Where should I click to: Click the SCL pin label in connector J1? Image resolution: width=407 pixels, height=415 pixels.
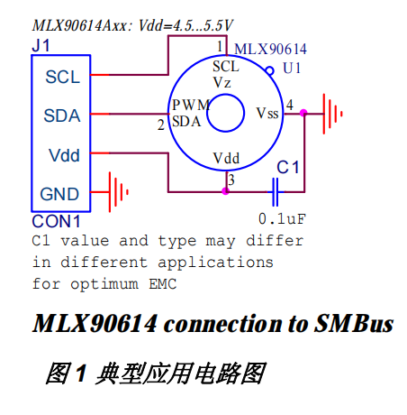(62, 78)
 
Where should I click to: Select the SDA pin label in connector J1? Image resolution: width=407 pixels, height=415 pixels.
(62, 115)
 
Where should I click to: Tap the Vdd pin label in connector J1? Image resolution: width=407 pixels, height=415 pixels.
(62, 155)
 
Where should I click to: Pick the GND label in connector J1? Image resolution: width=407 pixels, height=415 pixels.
(60, 193)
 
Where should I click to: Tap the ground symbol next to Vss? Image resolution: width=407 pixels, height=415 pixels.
(335, 113)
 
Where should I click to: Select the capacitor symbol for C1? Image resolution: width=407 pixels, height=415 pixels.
(276, 190)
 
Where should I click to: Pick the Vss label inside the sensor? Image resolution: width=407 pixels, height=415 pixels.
(267, 114)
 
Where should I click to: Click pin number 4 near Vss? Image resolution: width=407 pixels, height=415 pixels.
(290, 106)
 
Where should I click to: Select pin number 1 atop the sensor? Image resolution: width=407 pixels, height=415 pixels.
(220, 46)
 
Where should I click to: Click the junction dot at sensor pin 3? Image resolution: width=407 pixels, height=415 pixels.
(225, 191)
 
